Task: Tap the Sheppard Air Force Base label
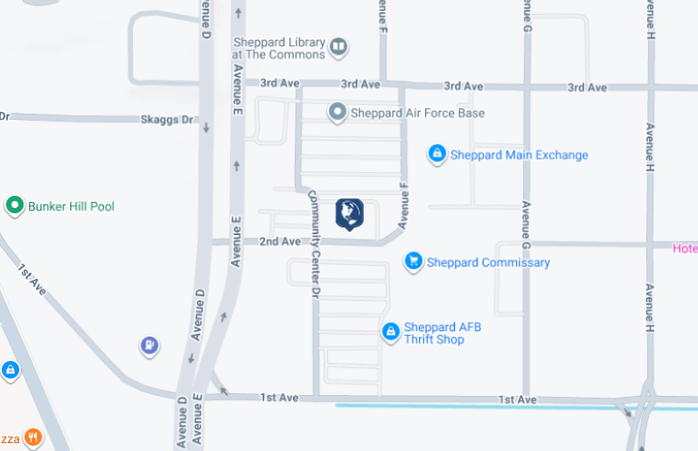417,113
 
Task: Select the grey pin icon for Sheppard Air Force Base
338,113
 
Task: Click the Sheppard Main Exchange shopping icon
436,155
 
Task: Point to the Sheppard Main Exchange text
519,156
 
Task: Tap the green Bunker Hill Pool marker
14,206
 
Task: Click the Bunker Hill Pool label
71,207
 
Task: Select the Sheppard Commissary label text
489,262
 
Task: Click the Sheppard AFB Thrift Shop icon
390,332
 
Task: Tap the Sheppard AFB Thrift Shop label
443,333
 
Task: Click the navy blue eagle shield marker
349,213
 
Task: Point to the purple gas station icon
150,347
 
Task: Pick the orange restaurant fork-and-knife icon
32,437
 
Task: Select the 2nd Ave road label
280,241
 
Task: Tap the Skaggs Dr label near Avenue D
166,120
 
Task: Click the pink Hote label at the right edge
684,248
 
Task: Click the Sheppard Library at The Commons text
279,48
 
